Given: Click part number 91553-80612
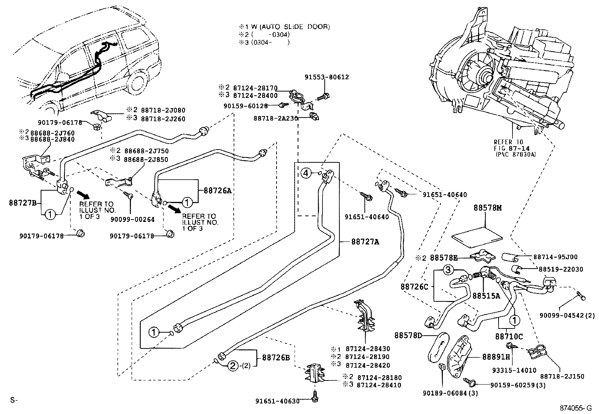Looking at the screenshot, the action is (327, 77).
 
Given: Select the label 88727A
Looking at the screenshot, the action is (365, 242).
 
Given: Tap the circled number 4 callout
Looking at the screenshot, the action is (306, 173).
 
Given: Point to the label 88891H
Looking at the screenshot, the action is (496, 356).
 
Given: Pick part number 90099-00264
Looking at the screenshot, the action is (132, 219).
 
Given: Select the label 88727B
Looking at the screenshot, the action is (23, 203).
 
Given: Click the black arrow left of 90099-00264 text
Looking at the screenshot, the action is (84, 194).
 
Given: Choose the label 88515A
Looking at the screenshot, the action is (486, 296).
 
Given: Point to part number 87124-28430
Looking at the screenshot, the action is (367, 349).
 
